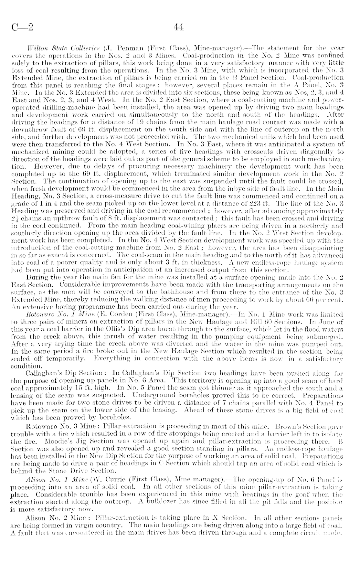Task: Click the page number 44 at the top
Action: (x=179, y=27)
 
